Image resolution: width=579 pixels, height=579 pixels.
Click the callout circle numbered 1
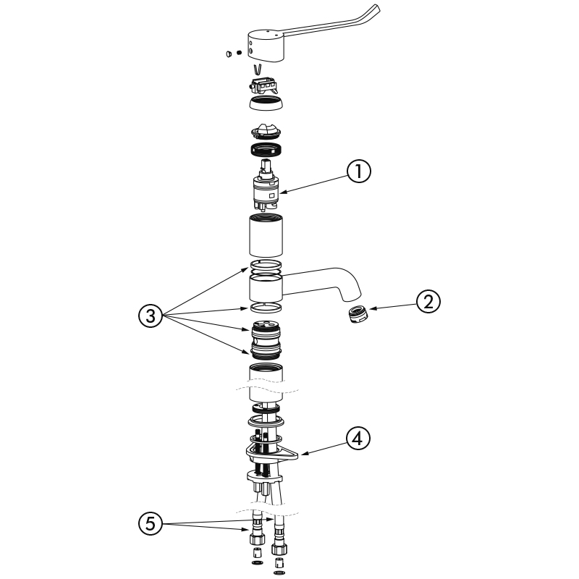coord(359,172)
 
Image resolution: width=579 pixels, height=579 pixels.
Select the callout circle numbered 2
coord(428,302)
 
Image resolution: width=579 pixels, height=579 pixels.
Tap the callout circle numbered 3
coord(149,315)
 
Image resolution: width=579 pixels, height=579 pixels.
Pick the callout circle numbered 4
coord(359,438)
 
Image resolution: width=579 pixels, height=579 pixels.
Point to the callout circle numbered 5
coord(149,523)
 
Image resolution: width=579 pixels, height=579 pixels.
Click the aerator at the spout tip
coord(356,316)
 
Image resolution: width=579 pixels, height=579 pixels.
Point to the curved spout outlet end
coord(348,293)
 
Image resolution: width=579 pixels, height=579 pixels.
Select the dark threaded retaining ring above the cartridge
coord(266,151)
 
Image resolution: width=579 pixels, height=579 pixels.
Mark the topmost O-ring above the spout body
coord(266,263)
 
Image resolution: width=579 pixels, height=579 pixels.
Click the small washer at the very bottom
coord(279,573)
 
